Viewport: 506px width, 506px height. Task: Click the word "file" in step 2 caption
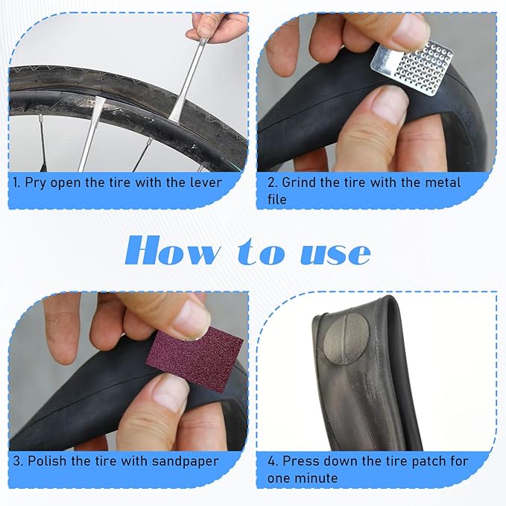point(276,199)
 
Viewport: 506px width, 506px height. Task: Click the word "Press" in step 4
point(301,461)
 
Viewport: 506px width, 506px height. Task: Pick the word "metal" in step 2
point(442,182)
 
